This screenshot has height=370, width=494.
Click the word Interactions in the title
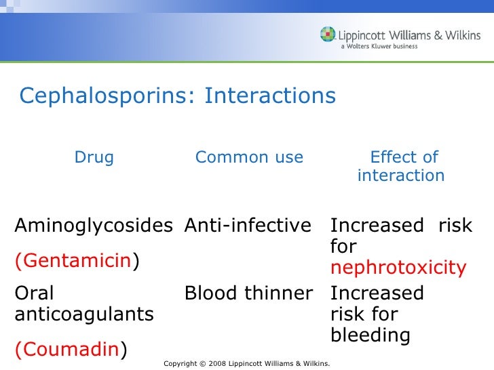[x=270, y=96]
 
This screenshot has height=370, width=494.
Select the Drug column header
[x=94, y=158]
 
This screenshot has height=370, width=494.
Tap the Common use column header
[x=249, y=158]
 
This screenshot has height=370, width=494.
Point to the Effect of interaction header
[x=401, y=167]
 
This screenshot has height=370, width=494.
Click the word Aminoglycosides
[x=94, y=226]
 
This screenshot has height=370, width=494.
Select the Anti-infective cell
[x=248, y=226]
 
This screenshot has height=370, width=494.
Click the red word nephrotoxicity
[x=398, y=268]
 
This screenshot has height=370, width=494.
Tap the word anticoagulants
[x=84, y=314]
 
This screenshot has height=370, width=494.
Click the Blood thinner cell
[x=249, y=293]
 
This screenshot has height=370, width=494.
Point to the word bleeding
[x=370, y=335]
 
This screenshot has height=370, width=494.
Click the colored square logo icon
[x=328, y=34]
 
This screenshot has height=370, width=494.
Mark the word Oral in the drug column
[x=34, y=293]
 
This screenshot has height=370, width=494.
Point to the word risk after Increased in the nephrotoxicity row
[x=455, y=226]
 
